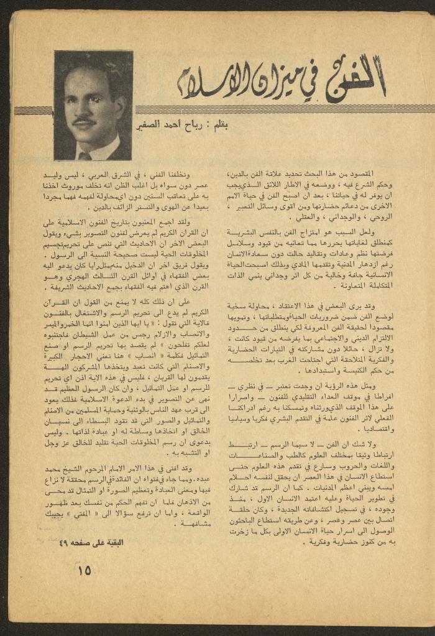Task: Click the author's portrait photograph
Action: coord(93,105)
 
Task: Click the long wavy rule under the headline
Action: coord(280,109)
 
